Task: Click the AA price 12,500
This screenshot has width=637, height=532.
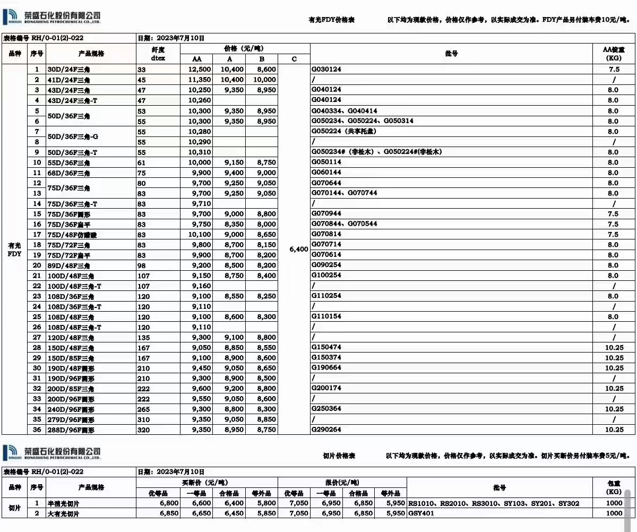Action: click(200, 70)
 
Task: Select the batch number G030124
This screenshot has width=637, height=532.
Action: click(326, 70)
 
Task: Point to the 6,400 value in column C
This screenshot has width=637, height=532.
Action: click(299, 249)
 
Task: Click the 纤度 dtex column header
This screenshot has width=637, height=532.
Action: click(158, 53)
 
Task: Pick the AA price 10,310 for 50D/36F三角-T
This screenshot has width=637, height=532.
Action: click(200, 152)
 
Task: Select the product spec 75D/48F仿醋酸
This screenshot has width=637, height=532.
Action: click(73, 234)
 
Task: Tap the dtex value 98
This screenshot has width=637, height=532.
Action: click(142, 265)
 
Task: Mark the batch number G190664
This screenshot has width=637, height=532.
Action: click(326, 368)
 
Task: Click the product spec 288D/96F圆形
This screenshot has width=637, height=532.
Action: click(71, 430)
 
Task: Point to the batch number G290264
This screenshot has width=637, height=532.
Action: click(326, 430)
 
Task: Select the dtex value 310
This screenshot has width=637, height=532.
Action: click(143, 419)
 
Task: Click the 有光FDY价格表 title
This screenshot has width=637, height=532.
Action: click(331, 20)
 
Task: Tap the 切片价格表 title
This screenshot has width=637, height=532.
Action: click(339, 456)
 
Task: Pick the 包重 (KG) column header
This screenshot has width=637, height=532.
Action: click(614, 487)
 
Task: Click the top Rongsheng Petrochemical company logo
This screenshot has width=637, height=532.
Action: click(51, 19)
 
